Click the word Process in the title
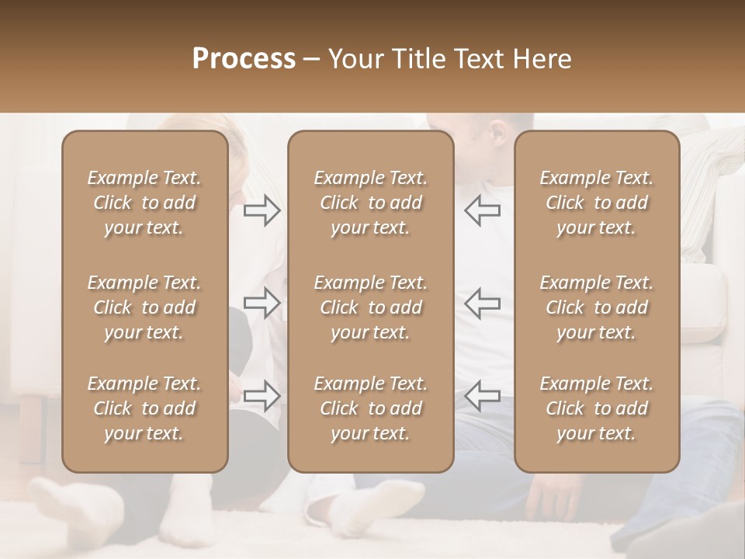point(244,59)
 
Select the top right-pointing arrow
point(262,210)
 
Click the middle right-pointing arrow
point(262,303)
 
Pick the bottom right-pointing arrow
point(262,395)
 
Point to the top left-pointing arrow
point(483,210)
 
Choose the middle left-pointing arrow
point(483,303)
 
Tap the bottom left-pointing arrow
point(483,395)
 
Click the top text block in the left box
point(144,203)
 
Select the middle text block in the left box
point(144,307)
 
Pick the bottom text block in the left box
point(144,408)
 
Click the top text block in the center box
point(370,203)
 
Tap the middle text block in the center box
point(370,307)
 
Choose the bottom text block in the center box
point(370,408)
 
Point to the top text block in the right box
point(597,203)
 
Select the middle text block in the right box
point(597,307)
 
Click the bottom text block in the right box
point(597,408)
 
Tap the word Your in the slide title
point(355,59)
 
